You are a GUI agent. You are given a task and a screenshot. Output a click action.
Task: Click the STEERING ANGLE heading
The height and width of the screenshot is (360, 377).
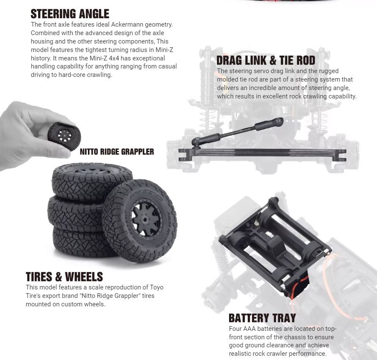point(70,14)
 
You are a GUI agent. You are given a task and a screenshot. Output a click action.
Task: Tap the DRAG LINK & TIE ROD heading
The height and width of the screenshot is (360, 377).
point(266,60)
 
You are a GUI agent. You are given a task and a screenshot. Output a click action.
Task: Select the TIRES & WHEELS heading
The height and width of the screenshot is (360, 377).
point(64,277)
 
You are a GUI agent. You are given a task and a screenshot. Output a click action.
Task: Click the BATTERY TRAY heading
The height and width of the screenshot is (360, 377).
point(262,318)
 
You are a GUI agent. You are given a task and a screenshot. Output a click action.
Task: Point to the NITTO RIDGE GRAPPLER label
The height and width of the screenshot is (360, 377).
point(117,152)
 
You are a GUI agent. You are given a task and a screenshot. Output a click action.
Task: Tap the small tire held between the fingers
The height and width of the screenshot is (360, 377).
point(64,136)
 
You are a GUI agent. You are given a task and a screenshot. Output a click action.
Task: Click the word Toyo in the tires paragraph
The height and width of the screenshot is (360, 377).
point(156,287)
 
